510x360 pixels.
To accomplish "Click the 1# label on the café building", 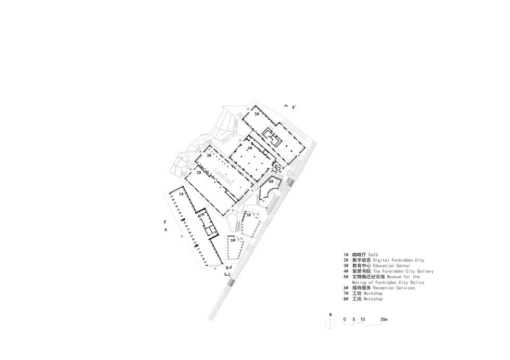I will [181, 194].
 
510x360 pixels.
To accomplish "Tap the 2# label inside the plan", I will [199, 172].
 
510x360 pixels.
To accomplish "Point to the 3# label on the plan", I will [209, 155].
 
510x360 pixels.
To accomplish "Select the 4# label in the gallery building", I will [250, 148].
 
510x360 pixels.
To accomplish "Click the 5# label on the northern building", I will [257, 113].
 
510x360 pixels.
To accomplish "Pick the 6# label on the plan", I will [233, 240].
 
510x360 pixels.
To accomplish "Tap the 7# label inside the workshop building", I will [248, 215].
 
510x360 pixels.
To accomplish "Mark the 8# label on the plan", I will [271, 182].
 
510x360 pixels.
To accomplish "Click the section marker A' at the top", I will [294, 107].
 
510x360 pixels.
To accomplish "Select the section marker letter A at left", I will [165, 229].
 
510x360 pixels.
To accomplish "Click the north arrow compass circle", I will [330, 323].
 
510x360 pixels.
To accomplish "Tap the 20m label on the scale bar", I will [384, 318].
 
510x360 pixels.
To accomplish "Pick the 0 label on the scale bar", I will [345, 318].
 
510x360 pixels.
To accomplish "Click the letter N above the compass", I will [330, 315].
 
